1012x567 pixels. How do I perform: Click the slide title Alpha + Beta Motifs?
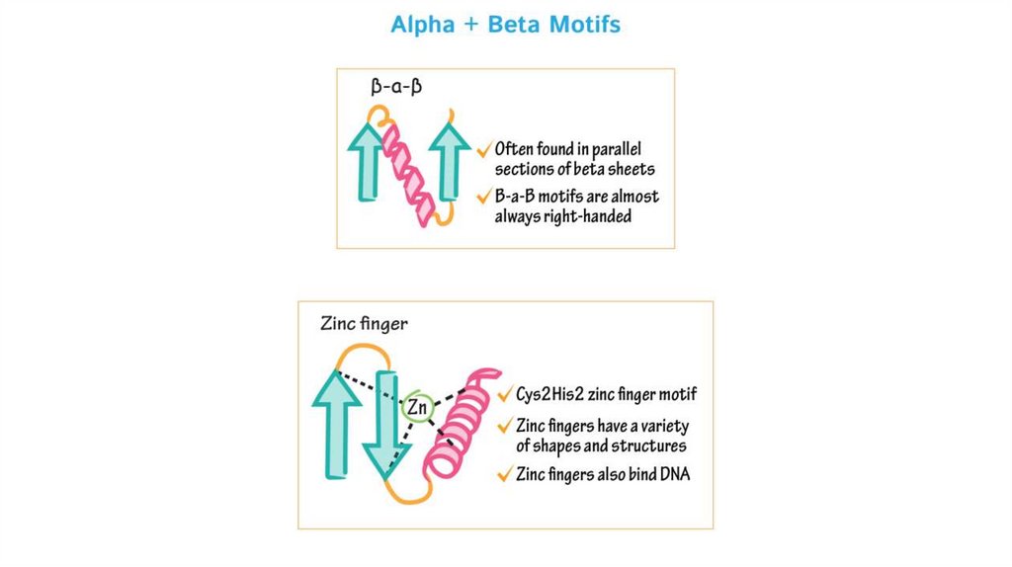coord(505,25)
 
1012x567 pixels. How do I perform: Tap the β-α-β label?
coord(396,87)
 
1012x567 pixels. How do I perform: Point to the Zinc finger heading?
coord(364,323)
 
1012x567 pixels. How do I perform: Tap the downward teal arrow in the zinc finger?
coord(386,425)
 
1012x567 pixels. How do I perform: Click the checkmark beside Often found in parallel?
coord(484,149)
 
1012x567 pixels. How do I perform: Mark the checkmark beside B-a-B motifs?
coord(484,196)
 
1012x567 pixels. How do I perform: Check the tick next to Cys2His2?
coord(505,395)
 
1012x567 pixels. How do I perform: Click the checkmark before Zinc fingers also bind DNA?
coord(505,474)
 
